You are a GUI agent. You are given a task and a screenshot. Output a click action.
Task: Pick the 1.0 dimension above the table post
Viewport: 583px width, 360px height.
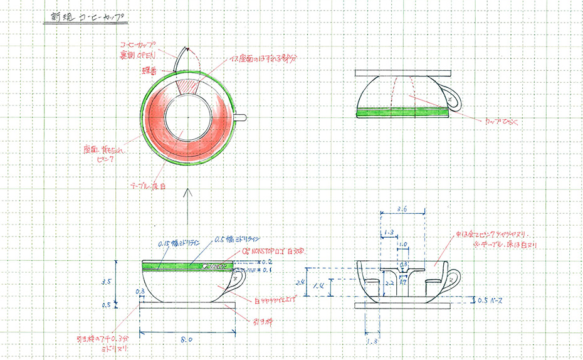point(404,243)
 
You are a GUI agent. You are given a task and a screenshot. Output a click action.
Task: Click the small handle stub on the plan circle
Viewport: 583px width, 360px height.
point(241,117)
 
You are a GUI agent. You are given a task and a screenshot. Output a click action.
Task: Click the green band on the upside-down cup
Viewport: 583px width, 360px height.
point(402,112)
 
